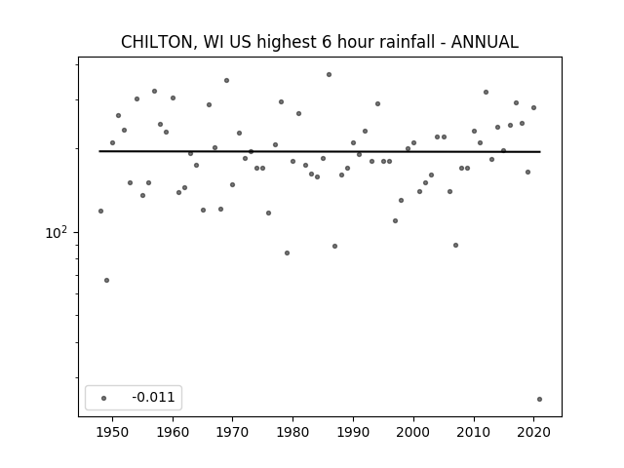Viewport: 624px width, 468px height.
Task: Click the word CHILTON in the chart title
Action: [157, 42]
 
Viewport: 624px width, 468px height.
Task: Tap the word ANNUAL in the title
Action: [485, 42]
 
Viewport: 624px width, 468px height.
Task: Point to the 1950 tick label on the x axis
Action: [113, 432]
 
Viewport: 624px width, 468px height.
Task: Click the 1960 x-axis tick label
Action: [173, 432]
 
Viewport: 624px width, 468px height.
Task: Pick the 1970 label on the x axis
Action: [233, 432]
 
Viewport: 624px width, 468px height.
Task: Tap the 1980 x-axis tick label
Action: [292, 432]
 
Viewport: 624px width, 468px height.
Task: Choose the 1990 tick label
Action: [353, 432]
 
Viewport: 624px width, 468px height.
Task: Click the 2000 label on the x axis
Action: [413, 432]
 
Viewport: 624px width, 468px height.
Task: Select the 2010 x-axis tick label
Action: [474, 432]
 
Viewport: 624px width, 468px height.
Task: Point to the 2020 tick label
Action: [533, 432]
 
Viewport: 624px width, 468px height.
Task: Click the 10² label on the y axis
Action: [57, 232]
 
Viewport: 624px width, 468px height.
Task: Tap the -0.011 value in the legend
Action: [153, 397]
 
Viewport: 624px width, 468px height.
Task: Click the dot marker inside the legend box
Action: [104, 398]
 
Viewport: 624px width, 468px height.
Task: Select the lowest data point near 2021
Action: [539, 399]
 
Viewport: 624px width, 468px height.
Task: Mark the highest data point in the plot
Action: [330, 74]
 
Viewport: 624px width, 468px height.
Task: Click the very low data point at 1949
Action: [106, 280]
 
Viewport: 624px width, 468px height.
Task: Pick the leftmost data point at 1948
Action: [100, 211]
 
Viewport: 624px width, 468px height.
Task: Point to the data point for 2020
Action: [533, 107]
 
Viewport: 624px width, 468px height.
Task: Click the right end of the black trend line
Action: [540, 152]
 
